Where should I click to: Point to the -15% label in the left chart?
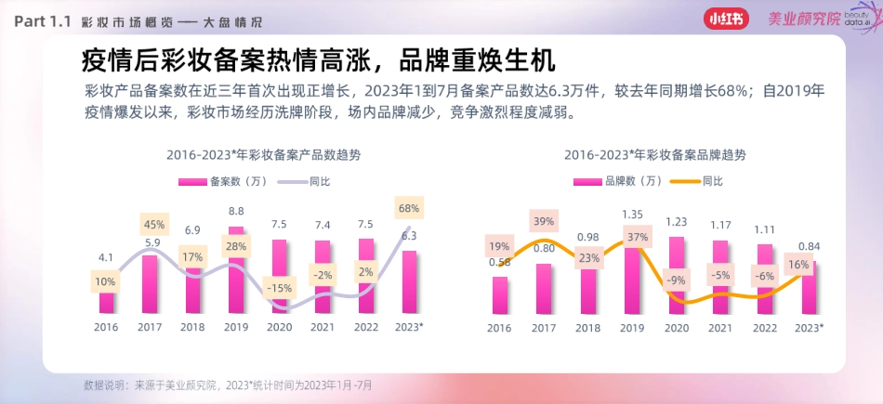279,288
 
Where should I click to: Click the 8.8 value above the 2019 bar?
236,211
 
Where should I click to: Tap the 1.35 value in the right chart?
632,214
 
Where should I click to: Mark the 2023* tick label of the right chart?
808,328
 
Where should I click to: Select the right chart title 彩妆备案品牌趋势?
654,155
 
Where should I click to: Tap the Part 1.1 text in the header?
43,20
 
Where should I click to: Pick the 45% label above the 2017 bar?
153,224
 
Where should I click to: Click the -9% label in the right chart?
676,280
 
